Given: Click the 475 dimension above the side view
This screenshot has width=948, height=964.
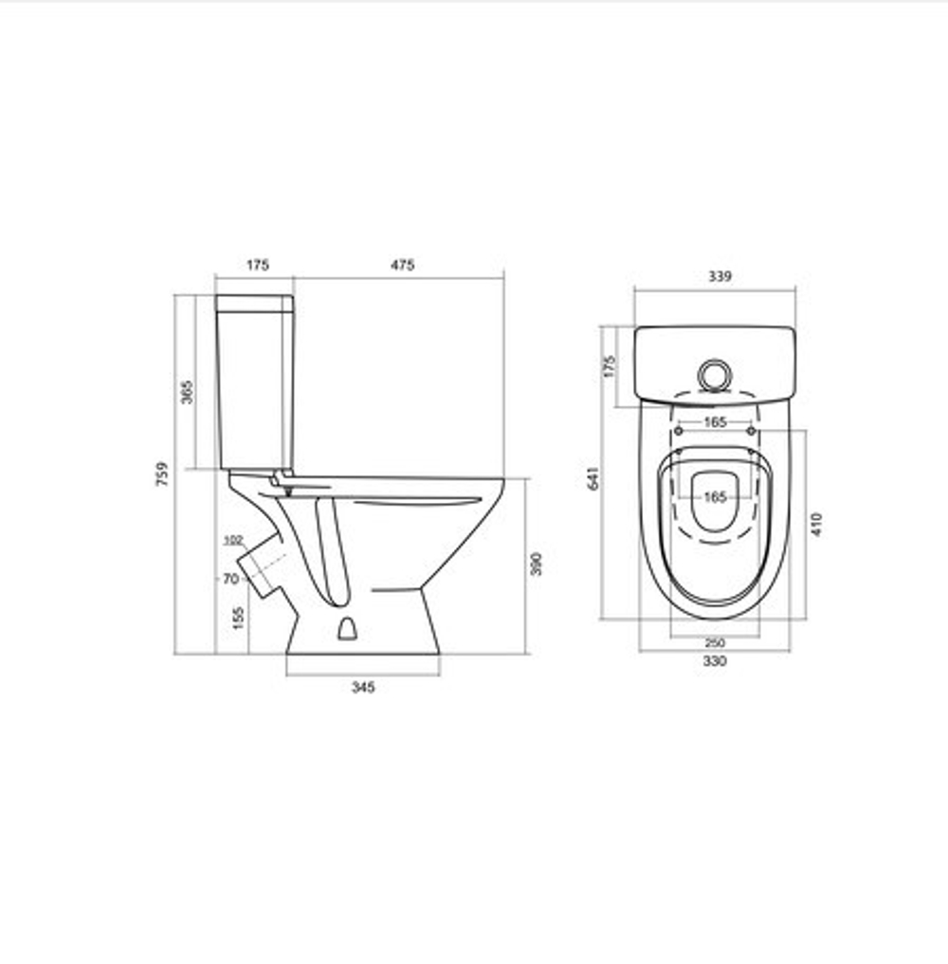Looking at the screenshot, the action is click(402, 265).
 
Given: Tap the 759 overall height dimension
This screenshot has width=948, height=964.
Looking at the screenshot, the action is click(162, 474).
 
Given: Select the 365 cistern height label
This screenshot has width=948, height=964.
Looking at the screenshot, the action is click(188, 392).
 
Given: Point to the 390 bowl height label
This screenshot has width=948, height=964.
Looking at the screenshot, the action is click(537, 564).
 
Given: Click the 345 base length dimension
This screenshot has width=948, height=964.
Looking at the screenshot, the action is click(363, 687).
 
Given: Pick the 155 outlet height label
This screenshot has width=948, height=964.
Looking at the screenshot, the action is click(238, 618).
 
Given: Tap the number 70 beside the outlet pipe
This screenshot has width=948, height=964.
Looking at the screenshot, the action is click(230, 579).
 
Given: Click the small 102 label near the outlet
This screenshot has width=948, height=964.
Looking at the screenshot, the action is click(233, 541).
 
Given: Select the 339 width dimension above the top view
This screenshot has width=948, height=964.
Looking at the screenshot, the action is click(720, 276).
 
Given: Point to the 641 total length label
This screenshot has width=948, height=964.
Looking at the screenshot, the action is click(593, 477).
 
